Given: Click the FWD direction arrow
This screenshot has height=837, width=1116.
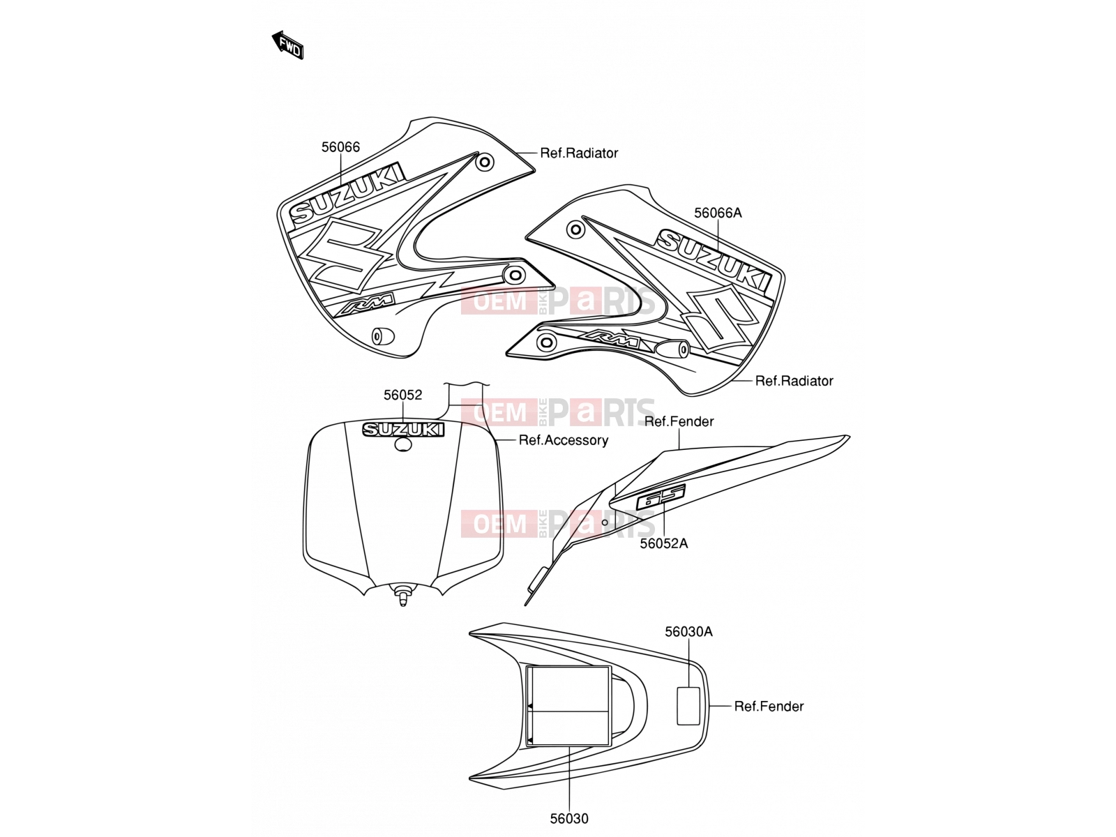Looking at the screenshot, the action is point(288,45).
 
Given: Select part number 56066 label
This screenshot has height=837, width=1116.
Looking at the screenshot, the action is point(340,147).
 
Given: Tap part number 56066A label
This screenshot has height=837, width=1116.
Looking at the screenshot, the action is point(718,213).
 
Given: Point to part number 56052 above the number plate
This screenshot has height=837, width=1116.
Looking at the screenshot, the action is point(402,395).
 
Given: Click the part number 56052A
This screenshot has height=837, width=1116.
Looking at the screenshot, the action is point(663,544).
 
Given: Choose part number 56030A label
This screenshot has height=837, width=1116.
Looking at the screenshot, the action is point(688,632).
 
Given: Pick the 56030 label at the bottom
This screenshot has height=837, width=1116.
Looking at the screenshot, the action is point(569,819).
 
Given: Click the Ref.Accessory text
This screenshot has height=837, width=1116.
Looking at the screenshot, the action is point(564,440).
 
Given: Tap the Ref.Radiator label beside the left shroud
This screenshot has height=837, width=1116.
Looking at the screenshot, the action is point(579,153).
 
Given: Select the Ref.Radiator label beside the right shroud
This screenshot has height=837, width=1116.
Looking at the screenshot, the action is point(794,381).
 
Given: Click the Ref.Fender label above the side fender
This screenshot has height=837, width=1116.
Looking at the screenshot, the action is point(679,421).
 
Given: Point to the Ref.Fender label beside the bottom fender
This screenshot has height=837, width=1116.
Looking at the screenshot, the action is point(769,707).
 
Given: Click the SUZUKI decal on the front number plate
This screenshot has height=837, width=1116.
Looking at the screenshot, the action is point(403,430).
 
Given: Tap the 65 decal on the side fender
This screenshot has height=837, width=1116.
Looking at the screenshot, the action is point(661,496).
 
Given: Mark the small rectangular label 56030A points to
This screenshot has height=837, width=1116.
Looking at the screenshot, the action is point(688,705).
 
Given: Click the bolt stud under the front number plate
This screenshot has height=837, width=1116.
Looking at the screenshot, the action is point(402,594).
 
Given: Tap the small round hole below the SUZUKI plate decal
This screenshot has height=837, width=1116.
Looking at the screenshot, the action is point(403,445).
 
